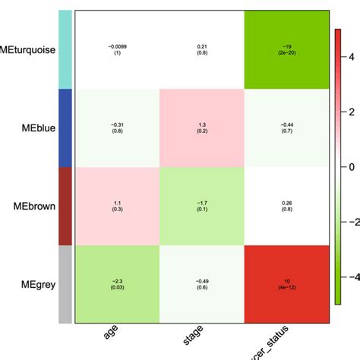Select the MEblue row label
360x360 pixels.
(35, 128)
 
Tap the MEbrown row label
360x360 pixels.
(33, 206)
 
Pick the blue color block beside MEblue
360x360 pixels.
(65, 128)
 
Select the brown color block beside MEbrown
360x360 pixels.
(65, 206)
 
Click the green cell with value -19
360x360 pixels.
(286, 50)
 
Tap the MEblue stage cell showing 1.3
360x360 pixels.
(202, 128)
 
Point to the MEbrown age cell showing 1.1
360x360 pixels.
(117, 206)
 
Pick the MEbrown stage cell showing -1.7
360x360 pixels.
(202, 206)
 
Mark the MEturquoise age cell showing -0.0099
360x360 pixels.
(117, 50)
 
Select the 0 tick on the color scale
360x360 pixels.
(350, 166)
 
